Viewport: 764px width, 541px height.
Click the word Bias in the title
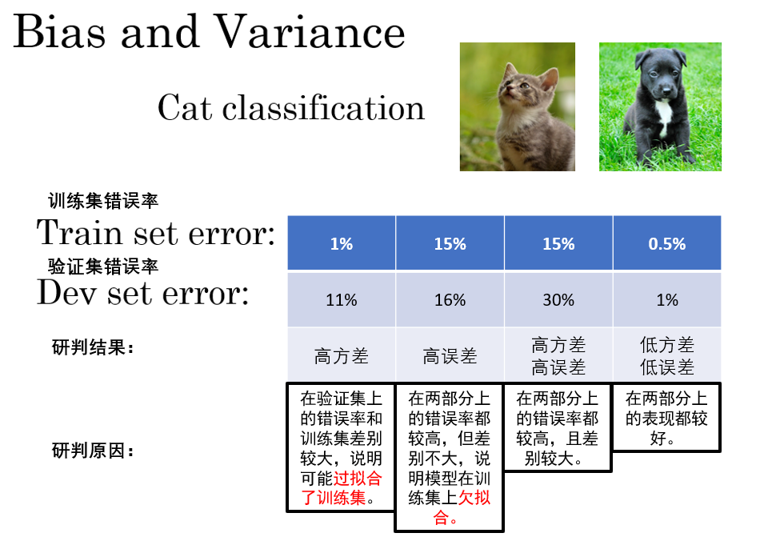(59, 31)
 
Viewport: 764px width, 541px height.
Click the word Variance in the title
(310, 31)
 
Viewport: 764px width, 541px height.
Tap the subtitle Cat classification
(291, 107)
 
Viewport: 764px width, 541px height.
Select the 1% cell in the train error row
(342, 242)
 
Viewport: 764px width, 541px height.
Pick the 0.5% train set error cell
(667, 242)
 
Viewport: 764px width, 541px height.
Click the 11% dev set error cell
(342, 299)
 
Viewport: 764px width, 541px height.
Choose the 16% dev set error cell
(450, 299)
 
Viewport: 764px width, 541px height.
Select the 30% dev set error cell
(558, 299)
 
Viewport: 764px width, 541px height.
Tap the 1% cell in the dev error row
(667, 299)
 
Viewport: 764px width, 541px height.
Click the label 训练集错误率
(103, 201)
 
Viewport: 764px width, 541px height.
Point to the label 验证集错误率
(103, 266)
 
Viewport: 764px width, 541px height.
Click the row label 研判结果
(93, 347)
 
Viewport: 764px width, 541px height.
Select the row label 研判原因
(93, 451)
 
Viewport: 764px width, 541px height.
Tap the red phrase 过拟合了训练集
(341, 488)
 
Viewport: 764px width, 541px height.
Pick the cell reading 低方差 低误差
(667, 356)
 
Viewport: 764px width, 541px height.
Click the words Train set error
(156, 232)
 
